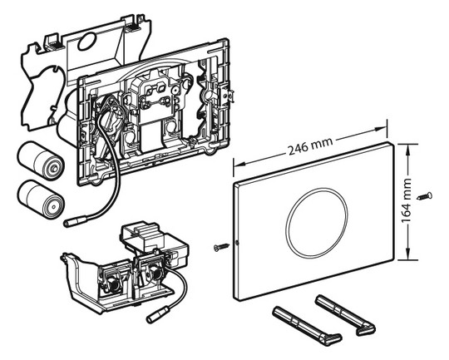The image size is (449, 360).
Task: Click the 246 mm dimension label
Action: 310,145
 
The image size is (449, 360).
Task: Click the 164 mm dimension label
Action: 407,200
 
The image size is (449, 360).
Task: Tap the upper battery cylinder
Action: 41,160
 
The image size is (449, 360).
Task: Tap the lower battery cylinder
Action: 41,199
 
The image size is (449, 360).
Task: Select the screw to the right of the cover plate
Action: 425,196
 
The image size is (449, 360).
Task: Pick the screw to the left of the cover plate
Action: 222,247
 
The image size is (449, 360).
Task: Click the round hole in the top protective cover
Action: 86,41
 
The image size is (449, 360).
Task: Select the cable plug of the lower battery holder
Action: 158,316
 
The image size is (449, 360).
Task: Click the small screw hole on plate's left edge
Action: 236,243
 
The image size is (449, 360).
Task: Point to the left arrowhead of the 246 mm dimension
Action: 239,164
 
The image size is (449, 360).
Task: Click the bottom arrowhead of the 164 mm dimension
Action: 407,254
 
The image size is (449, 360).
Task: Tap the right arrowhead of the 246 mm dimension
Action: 381,130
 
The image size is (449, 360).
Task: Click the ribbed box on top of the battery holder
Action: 141,233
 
